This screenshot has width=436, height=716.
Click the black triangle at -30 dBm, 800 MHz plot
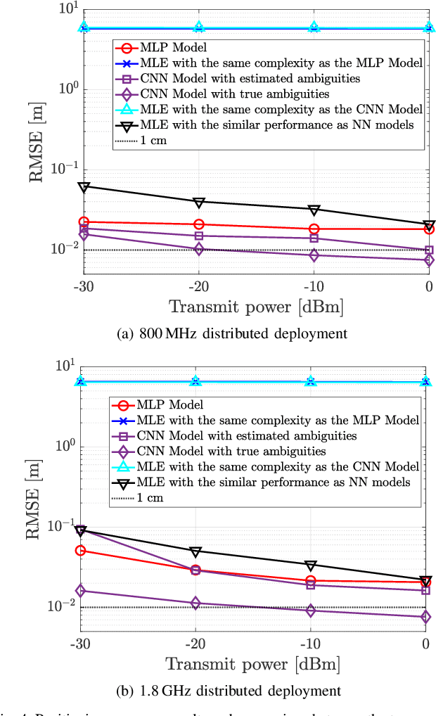click(x=84, y=186)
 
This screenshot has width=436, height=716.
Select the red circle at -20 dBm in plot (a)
click(x=199, y=224)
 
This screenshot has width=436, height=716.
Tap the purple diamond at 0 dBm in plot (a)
click(x=429, y=260)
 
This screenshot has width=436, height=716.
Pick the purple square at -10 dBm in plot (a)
click(x=314, y=238)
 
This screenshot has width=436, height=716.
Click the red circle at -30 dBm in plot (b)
click(x=80, y=551)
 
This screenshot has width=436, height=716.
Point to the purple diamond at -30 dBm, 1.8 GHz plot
click(x=80, y=591)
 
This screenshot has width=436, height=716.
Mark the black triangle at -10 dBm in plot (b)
click(x=310, y=565)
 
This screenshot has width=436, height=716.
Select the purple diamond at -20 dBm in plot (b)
click(x=195, y=603)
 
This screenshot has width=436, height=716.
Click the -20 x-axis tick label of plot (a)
click(x=199, y=287)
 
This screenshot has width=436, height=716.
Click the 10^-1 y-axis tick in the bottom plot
click(x=62, y=525)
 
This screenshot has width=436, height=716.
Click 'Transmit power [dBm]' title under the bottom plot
click(x=252, y=664)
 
